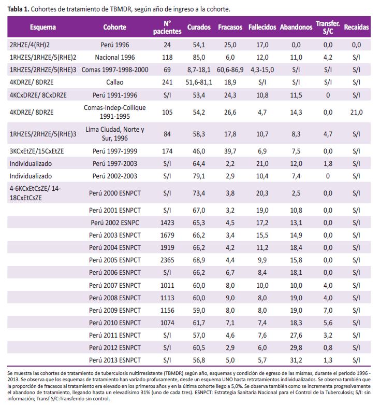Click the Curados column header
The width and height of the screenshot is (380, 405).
[x=199, y=27]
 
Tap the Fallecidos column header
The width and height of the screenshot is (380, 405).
[x=262, y=27]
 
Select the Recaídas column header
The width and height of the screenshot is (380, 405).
[x=356, y=27]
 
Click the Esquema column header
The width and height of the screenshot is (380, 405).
[x=43, y=27]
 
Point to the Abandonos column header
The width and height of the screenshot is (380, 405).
[x=296, y=27]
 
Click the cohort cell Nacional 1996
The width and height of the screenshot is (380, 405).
[x=115, y=58]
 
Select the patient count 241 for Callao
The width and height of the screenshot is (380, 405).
[x=167, y=82]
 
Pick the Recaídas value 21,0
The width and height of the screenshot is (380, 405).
[x=356, y=113]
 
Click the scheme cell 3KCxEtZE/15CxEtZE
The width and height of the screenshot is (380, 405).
[x=37, y=151]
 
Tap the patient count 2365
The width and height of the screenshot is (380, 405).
[x=167, y=260]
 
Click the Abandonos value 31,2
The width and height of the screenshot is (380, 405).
[x=296, y=360]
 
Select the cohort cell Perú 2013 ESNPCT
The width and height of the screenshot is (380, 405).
[x=115, y=360]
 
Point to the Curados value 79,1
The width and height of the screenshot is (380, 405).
[x=199, y=176]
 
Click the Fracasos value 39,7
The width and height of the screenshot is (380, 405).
[x=230, y=151]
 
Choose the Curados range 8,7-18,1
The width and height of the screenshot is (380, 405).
[x=199, y=69]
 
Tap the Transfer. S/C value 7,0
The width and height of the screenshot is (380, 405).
[x=328, y=310]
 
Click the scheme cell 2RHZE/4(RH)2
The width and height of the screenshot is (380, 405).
[x=30, y=45]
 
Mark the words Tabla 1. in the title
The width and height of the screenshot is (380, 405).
[x=18, y=9]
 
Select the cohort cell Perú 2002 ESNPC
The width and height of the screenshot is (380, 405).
[x=115, y=222]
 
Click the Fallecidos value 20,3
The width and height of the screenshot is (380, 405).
[x=262, y=193]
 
